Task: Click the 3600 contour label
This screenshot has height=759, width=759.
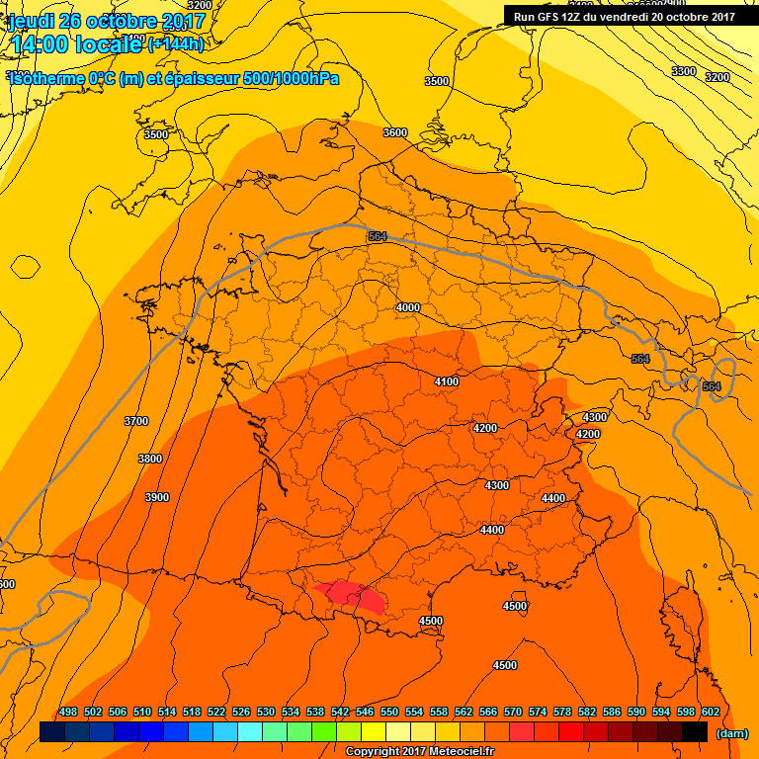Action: click(x=395, y=132)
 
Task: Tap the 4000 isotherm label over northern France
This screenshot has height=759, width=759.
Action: click(x=407, y=307)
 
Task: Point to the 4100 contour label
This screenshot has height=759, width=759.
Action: click(x=447, y=381)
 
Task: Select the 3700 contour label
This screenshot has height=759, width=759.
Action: click(x=135, y=422)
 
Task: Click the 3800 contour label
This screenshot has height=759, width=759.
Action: click(x=150, y=460)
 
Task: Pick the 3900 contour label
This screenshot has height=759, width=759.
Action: click(x=157, y=497)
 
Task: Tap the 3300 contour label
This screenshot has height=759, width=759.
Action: click(x=683, y=71)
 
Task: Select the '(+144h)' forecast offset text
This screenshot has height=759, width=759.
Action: click(x=176, y=43)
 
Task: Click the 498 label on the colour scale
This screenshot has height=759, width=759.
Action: click(x=68, y=712)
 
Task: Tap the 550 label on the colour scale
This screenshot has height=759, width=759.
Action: click(x=389, y=712)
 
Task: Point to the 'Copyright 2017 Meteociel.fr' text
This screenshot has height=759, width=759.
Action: click(x=419, y=751)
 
